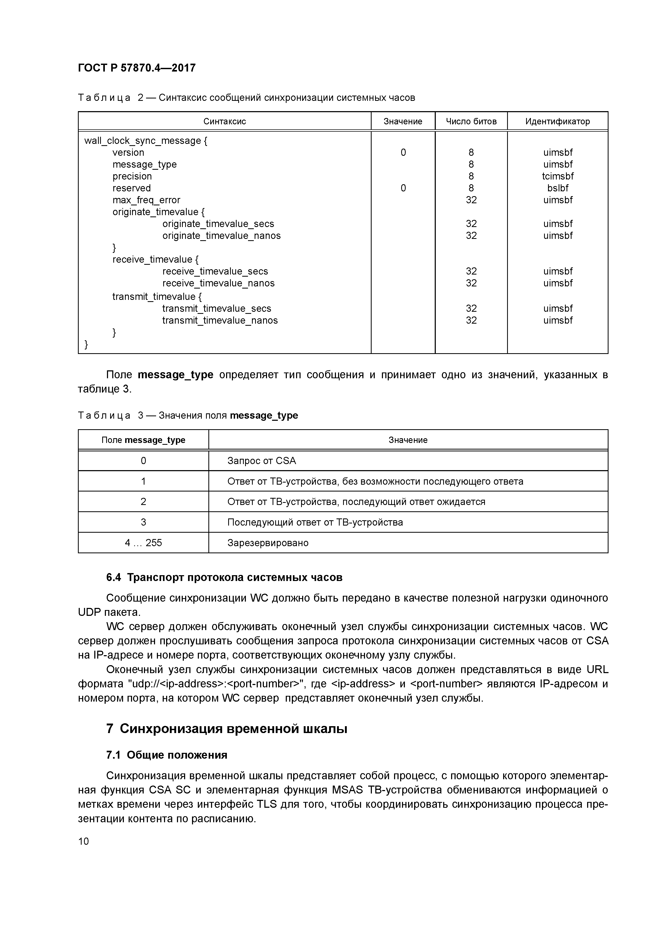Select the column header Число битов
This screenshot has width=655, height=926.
click(471, 121)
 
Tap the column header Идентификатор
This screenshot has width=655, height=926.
click(557, 121)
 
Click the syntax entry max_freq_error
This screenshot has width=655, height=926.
click(146, 200)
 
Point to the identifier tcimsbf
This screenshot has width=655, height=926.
click(558, 176)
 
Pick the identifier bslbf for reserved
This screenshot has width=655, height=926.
click(558, 188)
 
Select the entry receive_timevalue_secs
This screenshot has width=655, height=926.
click(215, 271)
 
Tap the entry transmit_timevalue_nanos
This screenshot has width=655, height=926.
click(220, 320)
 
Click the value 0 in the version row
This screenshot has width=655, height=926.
click(403, 153)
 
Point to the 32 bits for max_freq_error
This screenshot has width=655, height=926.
click(471, 200)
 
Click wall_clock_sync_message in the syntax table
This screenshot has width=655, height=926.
click(142, 141)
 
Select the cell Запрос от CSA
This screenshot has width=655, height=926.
click(261, 461)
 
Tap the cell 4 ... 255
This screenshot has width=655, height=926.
click(143, 542)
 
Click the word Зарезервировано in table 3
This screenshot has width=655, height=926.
click(268, 542)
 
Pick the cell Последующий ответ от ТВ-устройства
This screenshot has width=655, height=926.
click(315, 522)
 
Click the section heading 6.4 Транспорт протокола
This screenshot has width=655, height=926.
click(224, 578)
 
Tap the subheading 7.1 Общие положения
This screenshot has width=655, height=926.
click(167, 755)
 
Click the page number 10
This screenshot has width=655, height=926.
click(83, 841)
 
